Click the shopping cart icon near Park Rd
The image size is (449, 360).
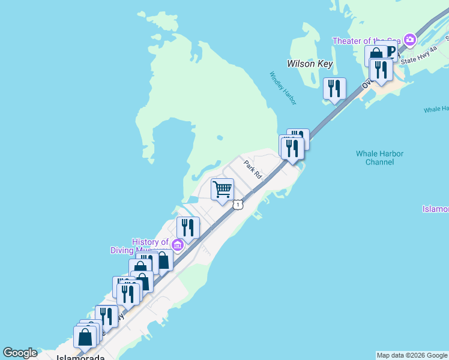coord(223,190)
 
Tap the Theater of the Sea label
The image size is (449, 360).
coord(367,41)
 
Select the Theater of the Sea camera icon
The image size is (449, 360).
coord(410,40)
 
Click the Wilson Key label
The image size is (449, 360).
coord(310,63)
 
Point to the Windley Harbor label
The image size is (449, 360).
coord(283,88)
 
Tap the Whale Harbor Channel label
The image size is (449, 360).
coord(379,158)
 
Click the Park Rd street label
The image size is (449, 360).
coord(253,169)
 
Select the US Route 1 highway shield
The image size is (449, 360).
coord(239,205)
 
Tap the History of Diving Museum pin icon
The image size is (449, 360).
coord(177,245)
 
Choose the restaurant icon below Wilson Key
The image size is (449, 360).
coord(334,88)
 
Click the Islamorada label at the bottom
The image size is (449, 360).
coord(76,356)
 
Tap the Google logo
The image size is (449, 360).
coord(19,353)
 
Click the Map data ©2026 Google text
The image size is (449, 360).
coord(412,355)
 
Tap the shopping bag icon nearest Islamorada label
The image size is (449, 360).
coord(85,337)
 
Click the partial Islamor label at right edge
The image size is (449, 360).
coord(435,209)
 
